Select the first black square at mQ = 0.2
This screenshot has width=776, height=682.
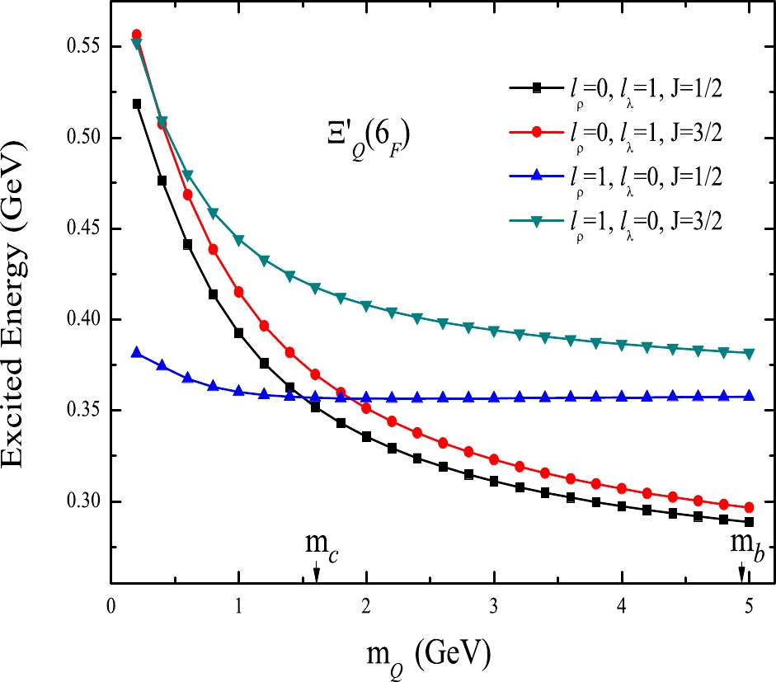tap(137, 104)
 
